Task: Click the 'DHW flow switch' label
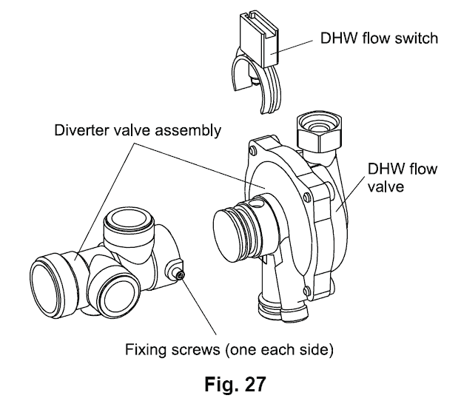pos(377,37)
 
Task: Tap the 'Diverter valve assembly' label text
pos(138,131)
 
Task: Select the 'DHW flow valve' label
pos(403,178)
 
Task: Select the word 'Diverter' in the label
pos(83,131)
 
